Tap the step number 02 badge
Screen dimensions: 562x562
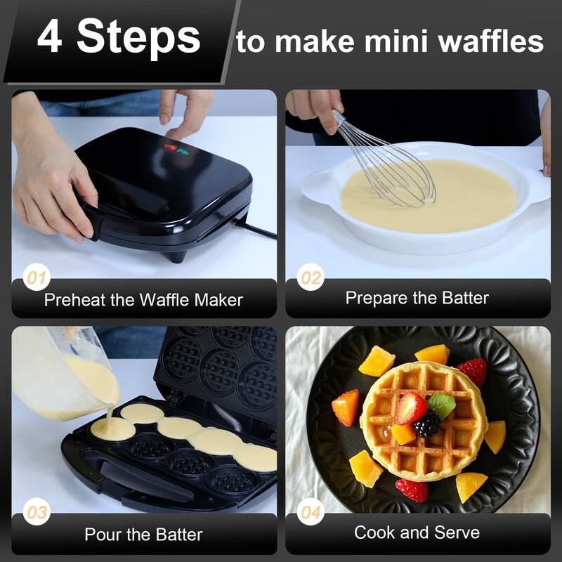pyautogui.click(x=310, y=278)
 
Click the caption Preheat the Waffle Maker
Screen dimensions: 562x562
pyautogui.click(x=143, y=300)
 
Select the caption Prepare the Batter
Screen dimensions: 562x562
pyautogui.click(x=417, y=298)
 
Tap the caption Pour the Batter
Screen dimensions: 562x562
pyautogui.click(x=143, y=535)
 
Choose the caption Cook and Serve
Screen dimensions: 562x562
pyautogui.click(x=417, y=532)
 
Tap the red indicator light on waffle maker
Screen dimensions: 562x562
pyautogui.click(x=169, y=148)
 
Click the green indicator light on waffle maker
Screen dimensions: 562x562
pyautogui.click(x=183, y=150)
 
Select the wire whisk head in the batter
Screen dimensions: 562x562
pyautogui.click(x=397, y=172)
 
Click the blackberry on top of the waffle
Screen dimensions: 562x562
pyautogui.click(x=426, y=424)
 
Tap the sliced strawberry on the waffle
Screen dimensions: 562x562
pyautogui.click(x=411, y=407)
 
